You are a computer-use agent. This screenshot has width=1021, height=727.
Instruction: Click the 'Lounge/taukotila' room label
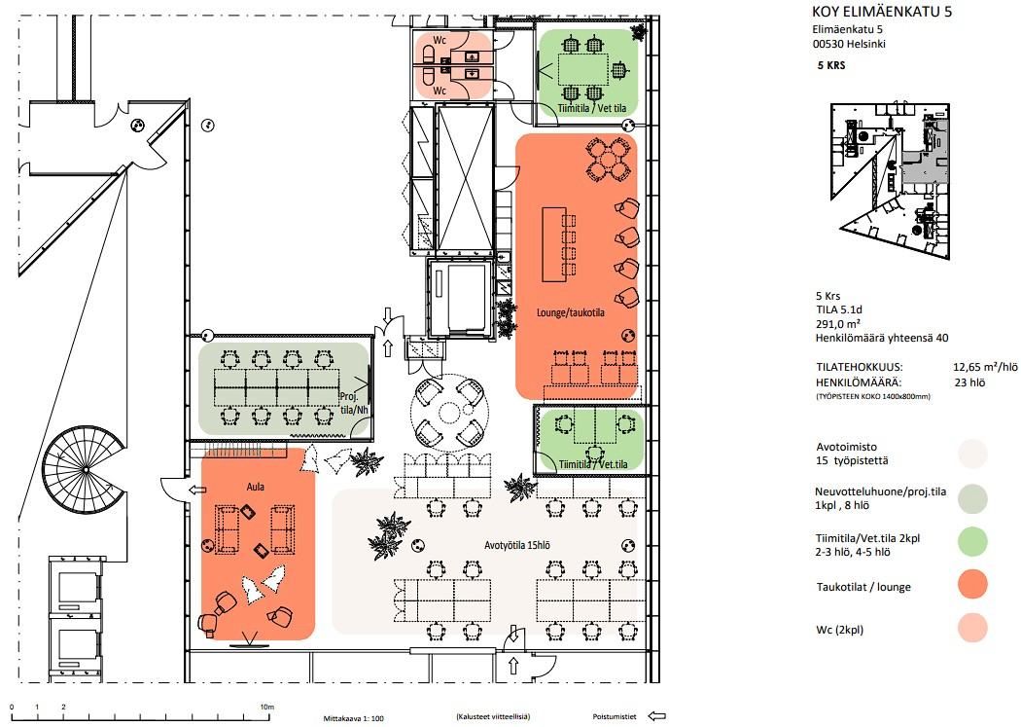(x=571, y=312)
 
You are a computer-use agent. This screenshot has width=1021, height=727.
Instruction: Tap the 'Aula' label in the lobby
(x=255, y=487)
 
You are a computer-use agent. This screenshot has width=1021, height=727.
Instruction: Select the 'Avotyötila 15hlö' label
(x=517, y=545)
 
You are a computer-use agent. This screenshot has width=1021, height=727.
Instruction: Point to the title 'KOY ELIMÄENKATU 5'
(x=882, y=11)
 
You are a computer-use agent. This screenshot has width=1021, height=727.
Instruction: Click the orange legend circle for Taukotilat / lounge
(x=972, y=585)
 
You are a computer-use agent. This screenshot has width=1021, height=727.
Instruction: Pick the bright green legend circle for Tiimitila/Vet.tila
(x=972, y=542)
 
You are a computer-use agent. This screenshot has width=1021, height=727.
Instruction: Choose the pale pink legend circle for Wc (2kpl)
(x=972, y=628)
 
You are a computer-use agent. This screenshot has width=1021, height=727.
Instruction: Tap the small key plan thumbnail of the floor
(x=890, y=180)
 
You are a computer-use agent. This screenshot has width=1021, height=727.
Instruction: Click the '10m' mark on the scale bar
(x=267, y=707)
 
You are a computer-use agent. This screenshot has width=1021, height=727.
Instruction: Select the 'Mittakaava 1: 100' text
(x=354, y=718)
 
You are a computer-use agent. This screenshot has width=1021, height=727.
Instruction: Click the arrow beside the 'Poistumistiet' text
(x=657, y=716)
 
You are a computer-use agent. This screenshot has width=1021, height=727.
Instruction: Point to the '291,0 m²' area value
(x=838, y=324)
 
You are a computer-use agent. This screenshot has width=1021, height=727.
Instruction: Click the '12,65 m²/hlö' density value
(x=985, y=368)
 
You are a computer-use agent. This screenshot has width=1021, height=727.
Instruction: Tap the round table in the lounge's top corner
(x=609, y=159)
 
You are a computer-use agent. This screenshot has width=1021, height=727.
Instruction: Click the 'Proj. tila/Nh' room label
(x=354, y=403)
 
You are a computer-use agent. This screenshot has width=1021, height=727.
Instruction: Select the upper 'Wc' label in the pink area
(x=440, y=41)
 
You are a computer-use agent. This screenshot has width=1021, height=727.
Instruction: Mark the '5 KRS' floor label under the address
(x=831, y=65)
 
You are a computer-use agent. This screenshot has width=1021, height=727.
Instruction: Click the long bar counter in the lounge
(x=554, y=244)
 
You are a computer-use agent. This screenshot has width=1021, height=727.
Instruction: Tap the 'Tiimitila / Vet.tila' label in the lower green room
(x=593, y=464)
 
